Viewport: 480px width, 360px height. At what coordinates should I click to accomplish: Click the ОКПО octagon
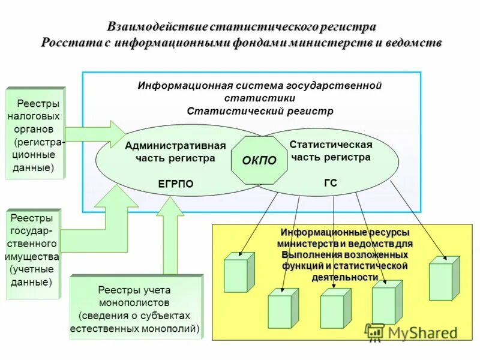(x=259, y=160)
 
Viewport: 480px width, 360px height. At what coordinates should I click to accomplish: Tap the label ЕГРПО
(x=175, y=184)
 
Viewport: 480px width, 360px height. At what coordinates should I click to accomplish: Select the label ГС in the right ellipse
(x=331, y=183)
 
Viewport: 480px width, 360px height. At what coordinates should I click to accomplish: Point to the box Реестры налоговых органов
(x=35, y=133)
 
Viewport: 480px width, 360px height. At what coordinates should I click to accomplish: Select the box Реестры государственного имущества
(x=33, y=254)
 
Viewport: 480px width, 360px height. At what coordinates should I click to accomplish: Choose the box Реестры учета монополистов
(x=135, y=307)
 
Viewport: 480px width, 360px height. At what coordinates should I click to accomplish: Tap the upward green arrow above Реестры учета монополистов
(x=170, y=234)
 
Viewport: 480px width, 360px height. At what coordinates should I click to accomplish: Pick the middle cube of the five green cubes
(x=335, y=308)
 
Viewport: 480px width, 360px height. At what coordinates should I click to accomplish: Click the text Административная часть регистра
(x=175, y=152)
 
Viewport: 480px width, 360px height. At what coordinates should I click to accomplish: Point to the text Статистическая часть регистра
(x=331, y=151)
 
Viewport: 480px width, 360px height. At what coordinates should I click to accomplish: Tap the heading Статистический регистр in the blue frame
(x=260, y=111)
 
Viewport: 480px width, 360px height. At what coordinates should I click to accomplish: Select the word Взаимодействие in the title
(x=157, y=27)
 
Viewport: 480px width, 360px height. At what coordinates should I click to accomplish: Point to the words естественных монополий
(x=135, y=329)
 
